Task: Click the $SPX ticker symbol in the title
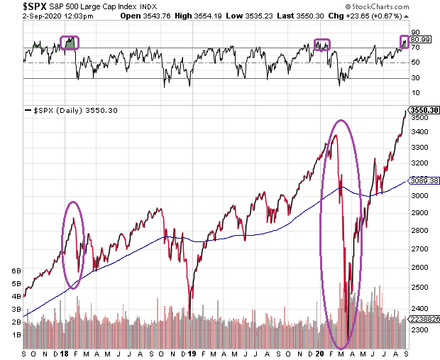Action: click(x=35, y=6)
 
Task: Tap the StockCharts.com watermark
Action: click(x=377, y=6)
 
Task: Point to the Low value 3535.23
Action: click(x=259, y=16)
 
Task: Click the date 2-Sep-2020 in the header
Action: click(x=42, y=16)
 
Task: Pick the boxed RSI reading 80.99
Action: click(x=420, y=40)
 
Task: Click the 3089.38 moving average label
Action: click(x=424, y=180)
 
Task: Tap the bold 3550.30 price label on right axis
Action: click(x=424, y=110)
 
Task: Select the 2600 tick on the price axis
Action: click(x=419, y=267)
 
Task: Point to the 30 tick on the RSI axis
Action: click(x=415, y=78)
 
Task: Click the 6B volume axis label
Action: click(x=16, y=271)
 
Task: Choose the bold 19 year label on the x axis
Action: click(x=192, y=354)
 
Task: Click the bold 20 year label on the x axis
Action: click(x=320, y=354)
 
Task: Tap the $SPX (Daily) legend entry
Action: click(x=71, y=110)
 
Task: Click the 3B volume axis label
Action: click(x=16, y=309)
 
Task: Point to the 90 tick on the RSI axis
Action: click(x=415, y=32)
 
